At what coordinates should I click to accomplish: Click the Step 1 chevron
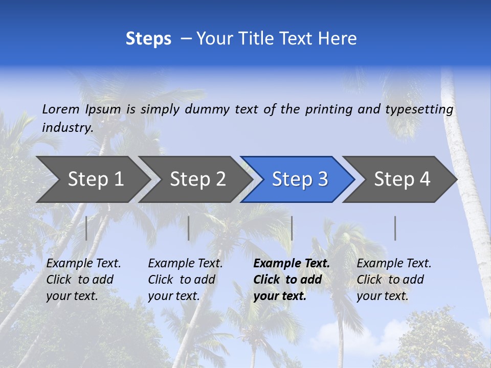point(92,179)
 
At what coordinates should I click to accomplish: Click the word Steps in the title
point(148,38)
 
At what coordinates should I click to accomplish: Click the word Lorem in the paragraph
point(60,109)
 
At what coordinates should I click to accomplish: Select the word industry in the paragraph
point(67,128)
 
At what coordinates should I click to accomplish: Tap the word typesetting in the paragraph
point(419,109)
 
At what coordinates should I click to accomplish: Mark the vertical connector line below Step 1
point(86,228)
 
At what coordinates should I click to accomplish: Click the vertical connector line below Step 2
point(189,228)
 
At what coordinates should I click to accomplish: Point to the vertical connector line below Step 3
point(292,228)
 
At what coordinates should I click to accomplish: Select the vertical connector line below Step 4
point(395,228)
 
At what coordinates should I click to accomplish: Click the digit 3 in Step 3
point(322,179)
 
